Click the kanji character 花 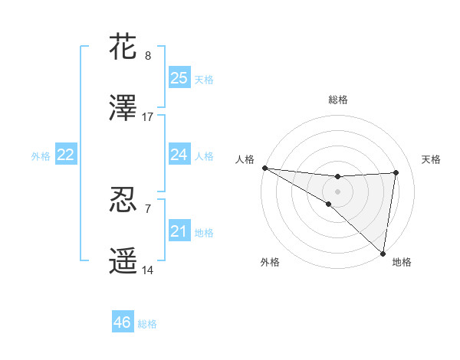point(123,47)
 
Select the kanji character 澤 point(123,109)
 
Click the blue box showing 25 point(179,78)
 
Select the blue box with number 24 point(179,155)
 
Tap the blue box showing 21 point(179,231)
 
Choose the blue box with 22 point(65,155)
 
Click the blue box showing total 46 point(122,322)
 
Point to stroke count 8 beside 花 point(148,56)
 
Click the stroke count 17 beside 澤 point(148,117)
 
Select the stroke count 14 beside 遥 point(148,270)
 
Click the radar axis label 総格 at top point(337,100)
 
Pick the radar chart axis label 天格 point(432,159)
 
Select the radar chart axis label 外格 point(270,262)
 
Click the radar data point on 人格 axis point(264,167)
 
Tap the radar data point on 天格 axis point(396,172)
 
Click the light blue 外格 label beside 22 point(41,155)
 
